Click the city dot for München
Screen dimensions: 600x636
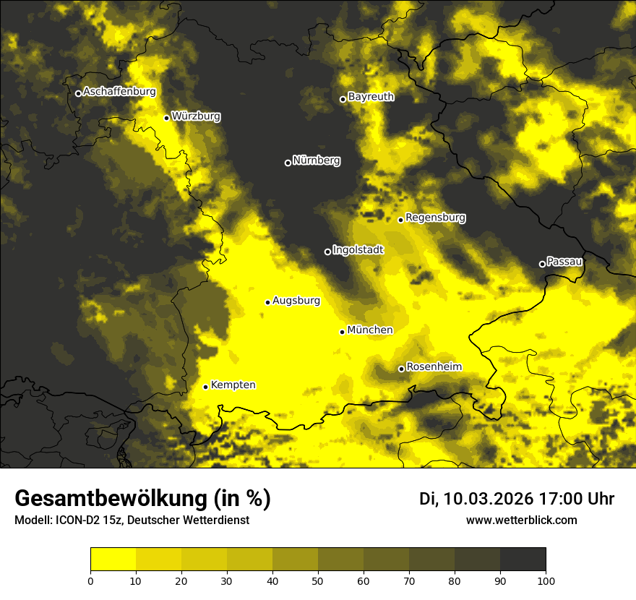[343, 332]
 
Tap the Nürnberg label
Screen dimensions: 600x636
[316, 160]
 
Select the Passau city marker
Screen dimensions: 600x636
[542, 264]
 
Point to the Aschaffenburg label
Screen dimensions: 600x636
[119, 92]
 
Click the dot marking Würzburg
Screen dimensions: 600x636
[166, 118]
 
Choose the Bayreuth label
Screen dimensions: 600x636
[371, 97]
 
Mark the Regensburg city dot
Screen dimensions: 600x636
[400, 220]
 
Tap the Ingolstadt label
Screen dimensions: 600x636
[358, 250]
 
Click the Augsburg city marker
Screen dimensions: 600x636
[267, 302]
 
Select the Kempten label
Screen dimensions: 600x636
[233, 385]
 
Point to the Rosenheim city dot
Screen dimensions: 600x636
[401, 369]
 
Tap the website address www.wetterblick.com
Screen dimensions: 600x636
[521, 520]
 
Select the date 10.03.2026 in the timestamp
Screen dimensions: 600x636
[488, 499]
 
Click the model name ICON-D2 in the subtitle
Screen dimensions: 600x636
[78, 520]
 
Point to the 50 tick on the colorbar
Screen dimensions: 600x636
[318, 580]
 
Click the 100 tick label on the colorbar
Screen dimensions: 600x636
[546, 580]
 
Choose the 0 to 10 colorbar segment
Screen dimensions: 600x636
[113, 559]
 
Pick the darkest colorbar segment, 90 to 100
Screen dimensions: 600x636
[523, 559]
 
